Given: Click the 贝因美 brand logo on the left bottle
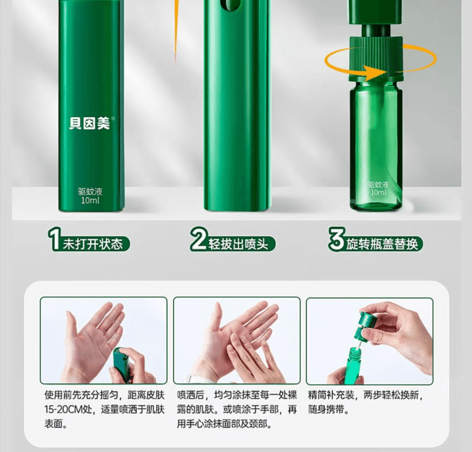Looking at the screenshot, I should (x=89, y=123).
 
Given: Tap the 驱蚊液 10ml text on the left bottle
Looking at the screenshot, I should (x=90, y=195).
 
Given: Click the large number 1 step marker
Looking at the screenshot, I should (x=55, y=241).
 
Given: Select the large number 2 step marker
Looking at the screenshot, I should (x=198, y=241).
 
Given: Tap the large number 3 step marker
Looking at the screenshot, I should (x=335, y=241).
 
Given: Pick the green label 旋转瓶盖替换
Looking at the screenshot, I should (x=383, y=244).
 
